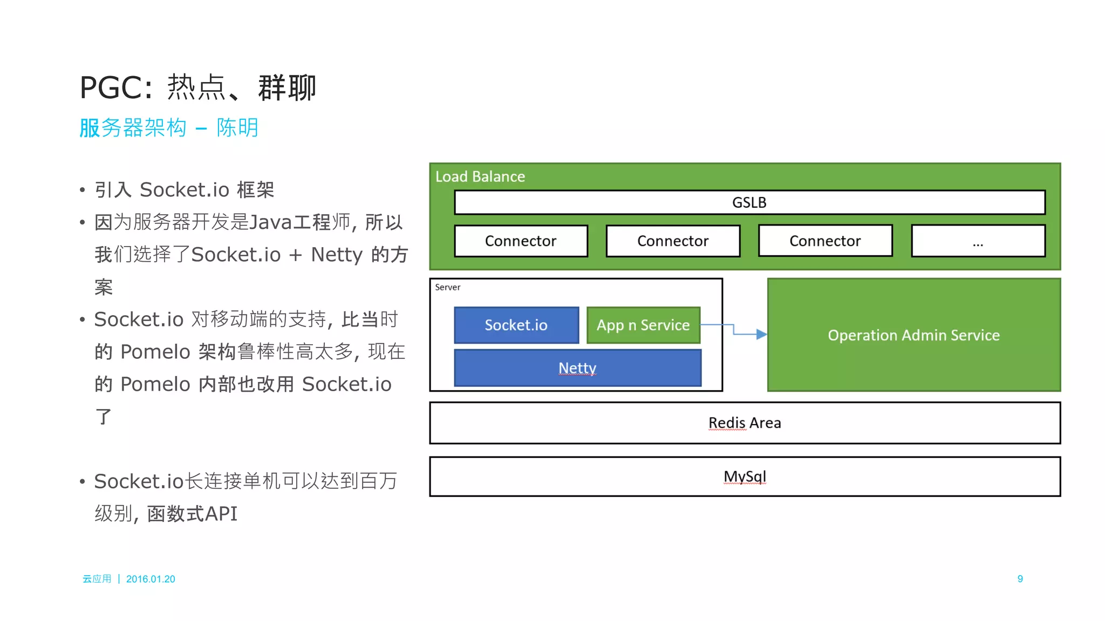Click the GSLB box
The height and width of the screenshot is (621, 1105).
point(749,202)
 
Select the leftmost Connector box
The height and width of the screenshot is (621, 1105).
point(521,241)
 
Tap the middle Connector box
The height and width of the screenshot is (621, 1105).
point(673,241)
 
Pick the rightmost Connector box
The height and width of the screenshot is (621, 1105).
point(825,241)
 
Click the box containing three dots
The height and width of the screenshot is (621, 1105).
point(978,241)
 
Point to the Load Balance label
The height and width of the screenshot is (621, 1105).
point(480,176)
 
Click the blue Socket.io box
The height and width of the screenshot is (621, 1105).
point(516,325)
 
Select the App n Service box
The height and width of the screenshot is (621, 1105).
point(643,325)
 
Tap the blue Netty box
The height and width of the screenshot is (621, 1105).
point(577,368)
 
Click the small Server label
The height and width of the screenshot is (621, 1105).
point(447,287)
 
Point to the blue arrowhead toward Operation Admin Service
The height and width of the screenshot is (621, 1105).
point(761,335)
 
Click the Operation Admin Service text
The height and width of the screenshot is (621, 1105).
point(913,335)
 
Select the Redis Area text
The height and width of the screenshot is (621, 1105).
point(745,422)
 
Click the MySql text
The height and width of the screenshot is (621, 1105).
point(745,476)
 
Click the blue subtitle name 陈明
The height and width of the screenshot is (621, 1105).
point(237,128)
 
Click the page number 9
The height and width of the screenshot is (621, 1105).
point(1020,578)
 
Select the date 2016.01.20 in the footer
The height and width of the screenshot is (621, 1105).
point(151,579)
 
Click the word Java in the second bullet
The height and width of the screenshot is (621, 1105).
point(270,222)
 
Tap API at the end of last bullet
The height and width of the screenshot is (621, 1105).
point(221,513)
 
